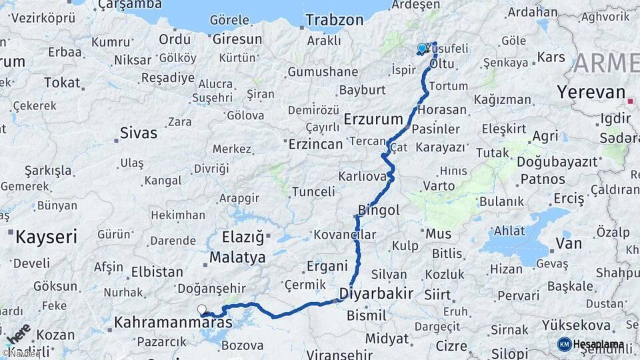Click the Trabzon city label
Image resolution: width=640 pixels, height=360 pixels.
335,20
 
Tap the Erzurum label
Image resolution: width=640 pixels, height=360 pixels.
374,119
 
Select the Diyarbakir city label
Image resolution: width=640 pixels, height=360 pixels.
376,293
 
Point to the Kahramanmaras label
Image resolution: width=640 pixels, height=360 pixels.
173,322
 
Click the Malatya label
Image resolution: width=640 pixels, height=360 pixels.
237,257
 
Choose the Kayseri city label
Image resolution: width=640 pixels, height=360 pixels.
46,236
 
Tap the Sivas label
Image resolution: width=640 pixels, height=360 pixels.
138,132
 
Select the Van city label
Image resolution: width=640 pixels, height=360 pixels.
569,243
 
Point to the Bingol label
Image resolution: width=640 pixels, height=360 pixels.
379,211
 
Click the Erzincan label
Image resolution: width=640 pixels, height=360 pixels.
315,143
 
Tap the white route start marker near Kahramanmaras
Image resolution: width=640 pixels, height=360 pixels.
201,309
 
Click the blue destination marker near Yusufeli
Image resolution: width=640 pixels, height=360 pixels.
421,49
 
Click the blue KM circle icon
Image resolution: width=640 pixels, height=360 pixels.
564,344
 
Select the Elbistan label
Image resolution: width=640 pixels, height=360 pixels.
157,271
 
